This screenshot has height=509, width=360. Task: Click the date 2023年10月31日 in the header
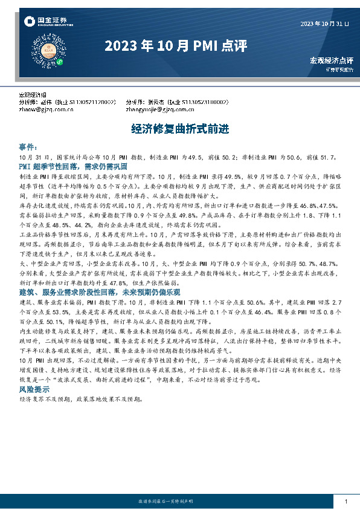click(x=325, y=24)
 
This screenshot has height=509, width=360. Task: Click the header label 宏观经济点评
click(x=332, y=60)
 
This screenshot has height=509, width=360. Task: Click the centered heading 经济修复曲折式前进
click(x=179, y=129)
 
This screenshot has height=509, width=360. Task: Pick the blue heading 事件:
click(x=31, y=148)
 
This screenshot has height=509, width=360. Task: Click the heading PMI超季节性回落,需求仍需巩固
click(x=73, y=166)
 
